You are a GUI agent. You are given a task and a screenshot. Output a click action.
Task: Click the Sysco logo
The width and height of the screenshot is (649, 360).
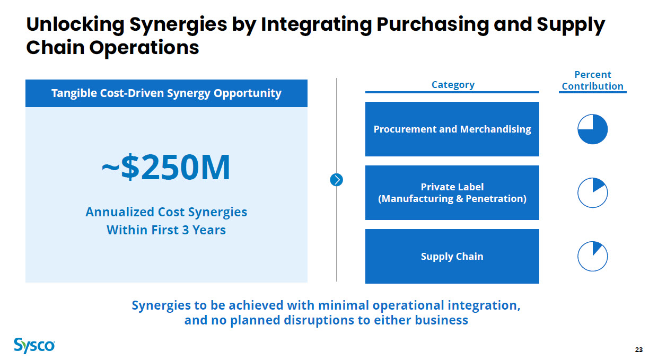point(34,346)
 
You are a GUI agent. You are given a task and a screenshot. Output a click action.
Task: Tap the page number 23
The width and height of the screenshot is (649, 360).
point(638,350)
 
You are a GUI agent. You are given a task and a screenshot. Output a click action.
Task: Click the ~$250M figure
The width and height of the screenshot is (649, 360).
point(166,167)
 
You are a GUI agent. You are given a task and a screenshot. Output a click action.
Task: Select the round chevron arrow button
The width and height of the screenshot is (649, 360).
point(336,180)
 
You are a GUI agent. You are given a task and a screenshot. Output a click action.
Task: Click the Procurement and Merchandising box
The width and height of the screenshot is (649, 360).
point(452,129)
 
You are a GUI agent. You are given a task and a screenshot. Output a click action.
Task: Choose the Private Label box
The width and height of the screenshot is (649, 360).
point(452,192)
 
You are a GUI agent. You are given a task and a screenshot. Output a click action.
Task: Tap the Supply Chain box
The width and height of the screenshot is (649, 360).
point(452,256)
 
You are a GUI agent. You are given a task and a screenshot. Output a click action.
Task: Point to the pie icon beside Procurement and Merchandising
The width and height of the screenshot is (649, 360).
point(592,129)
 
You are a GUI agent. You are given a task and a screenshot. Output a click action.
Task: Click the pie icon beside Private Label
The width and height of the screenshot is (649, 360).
point(592,192)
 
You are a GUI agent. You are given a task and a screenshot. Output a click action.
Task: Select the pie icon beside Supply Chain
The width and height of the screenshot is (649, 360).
point(592,256)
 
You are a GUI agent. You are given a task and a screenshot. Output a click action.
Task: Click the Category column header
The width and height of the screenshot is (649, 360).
point(453,85)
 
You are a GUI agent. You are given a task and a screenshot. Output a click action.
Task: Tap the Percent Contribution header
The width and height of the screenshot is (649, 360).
point(592,80)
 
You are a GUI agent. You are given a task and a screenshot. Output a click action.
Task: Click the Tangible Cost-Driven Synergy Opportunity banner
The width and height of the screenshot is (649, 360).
point(166,93)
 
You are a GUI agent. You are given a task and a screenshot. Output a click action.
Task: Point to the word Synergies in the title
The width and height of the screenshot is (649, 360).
point(178,25)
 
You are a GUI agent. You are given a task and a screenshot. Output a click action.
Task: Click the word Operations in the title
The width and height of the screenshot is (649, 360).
point(144,48)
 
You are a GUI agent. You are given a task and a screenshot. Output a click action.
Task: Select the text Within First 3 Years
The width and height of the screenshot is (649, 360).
point(166,230)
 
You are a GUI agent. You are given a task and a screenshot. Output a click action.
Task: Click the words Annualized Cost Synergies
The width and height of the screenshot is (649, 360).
point(166,212)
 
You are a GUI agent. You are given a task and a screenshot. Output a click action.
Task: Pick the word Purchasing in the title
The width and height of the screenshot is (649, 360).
point(433,25)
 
